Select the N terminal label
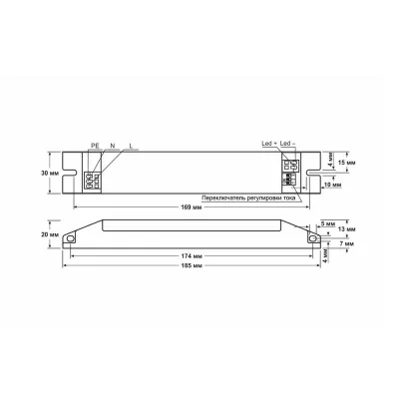pyautogui.click(x=113, y=146)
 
